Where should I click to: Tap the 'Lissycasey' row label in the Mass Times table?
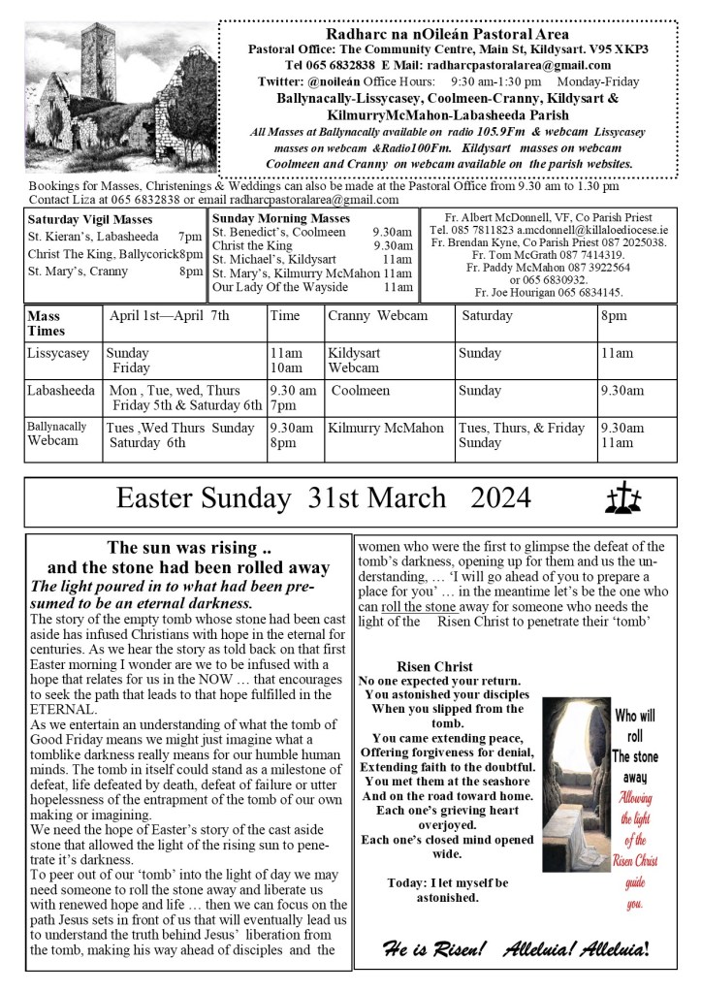[x=56, y=354]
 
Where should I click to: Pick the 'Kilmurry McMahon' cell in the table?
[x=385, y=428]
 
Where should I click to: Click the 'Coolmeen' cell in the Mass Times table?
[x=361, y=391]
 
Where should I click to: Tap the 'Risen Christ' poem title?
[x=434, y=666]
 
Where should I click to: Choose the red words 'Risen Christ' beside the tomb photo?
[x=634, y=862]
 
